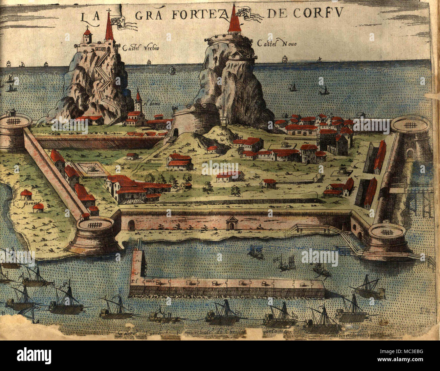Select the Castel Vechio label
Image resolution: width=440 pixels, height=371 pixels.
(x=141, y=48)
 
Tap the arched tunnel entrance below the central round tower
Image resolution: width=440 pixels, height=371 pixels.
(x=175, y=132)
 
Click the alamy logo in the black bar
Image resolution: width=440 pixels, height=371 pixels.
(x=34, y=356)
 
